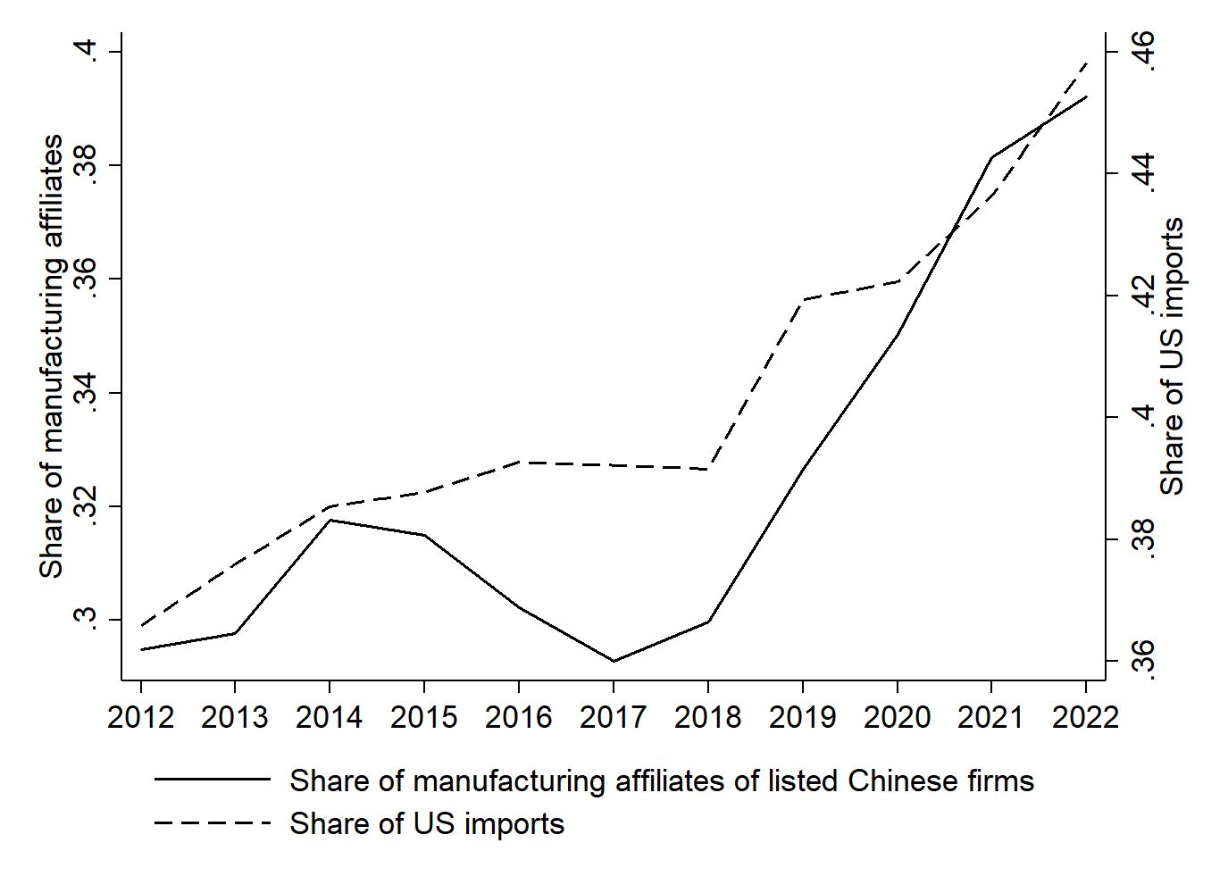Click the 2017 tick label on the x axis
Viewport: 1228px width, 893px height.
click(x=613, y=717)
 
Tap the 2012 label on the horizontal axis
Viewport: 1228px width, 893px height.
click(x=141, y=717)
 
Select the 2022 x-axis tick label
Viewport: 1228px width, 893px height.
click(x=1085, y=717)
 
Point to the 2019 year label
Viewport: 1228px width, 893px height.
click(x=802, y=717)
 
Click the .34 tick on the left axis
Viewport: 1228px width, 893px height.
click(x=87, y=393)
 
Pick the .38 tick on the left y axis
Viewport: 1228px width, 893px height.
click(x=87, y=166)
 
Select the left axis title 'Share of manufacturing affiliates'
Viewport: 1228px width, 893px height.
click(x=52, y=356)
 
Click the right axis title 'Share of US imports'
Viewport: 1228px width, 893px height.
click(x=1172, y=356)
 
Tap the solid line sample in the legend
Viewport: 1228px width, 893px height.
click(x=213, y=780)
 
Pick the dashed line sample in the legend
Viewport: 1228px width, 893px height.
click(x=213, y=822)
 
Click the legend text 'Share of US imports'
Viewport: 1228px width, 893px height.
click(x=427, y=823)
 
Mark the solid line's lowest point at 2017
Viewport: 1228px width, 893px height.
click(x=614, y=661)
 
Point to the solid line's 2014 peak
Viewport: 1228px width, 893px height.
click(x=330, y=520)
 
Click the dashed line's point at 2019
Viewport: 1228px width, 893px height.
click(x=803, y=300)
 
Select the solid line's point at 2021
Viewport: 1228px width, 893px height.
click(x=991, y=157)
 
